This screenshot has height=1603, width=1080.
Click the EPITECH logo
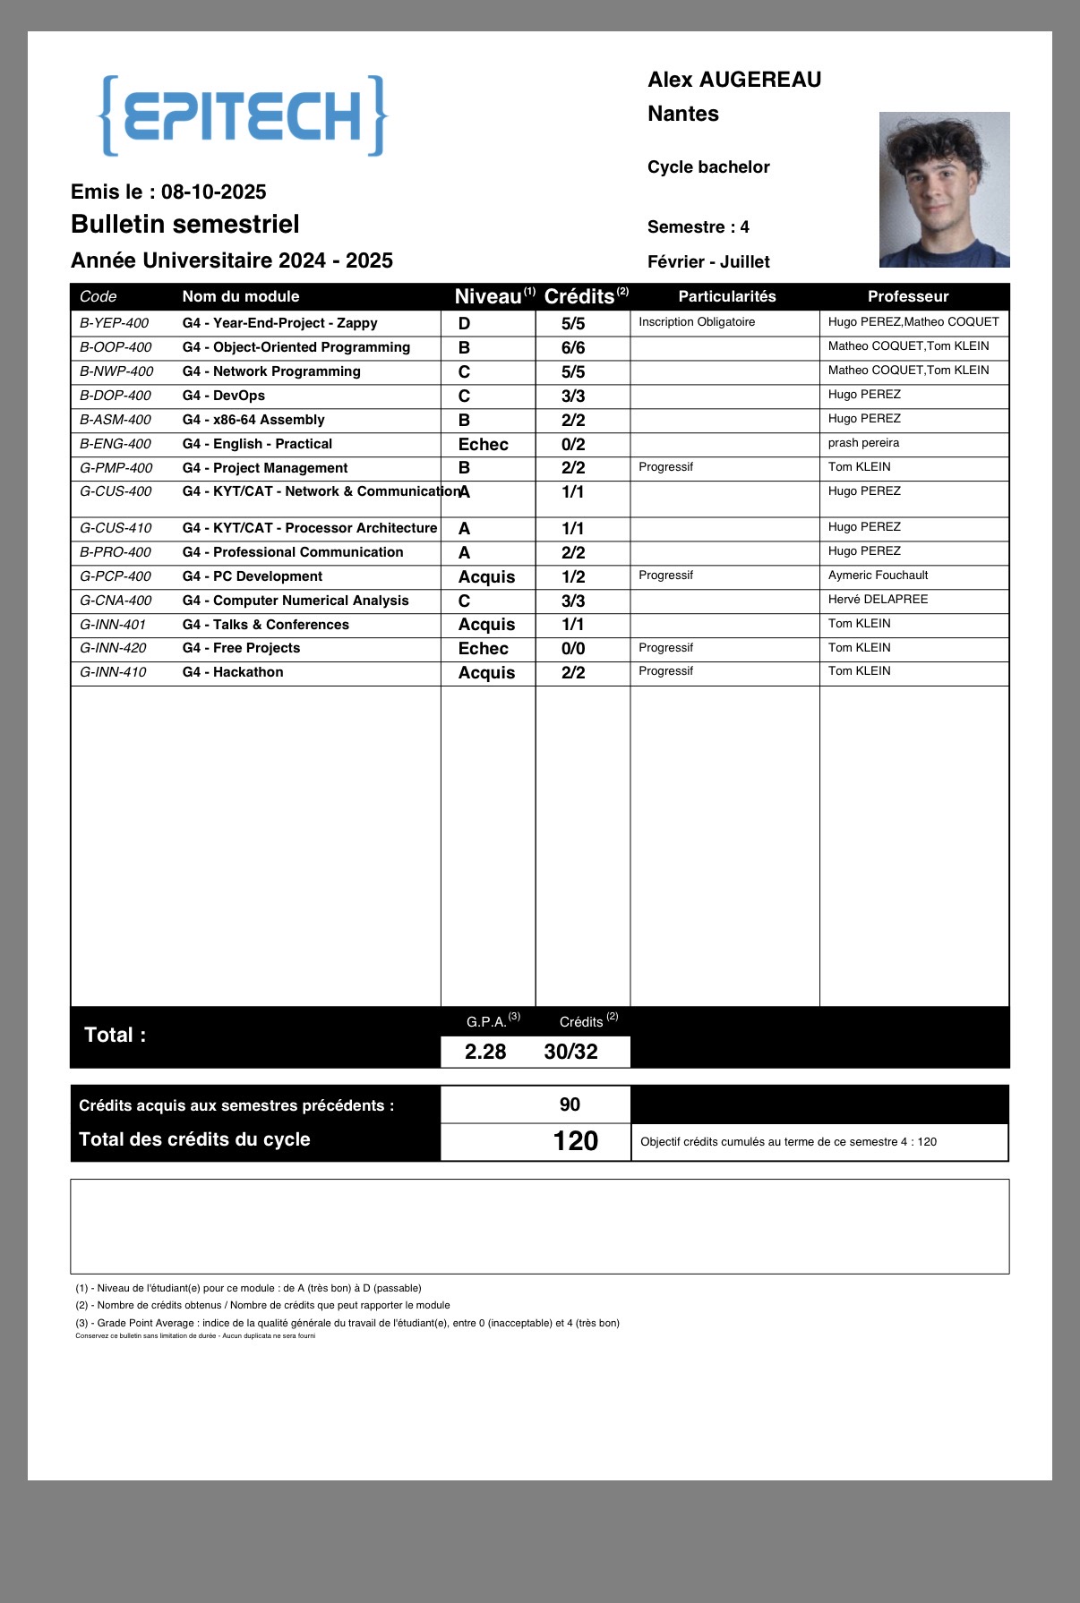243,116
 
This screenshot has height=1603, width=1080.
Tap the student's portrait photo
944,190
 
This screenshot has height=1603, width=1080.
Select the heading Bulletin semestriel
185,224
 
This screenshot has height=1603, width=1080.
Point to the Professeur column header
908,296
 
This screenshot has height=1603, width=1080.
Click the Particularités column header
726,296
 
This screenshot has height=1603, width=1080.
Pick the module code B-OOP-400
116,347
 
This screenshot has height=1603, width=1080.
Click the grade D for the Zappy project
464,323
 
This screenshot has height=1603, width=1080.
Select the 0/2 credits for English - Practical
573,444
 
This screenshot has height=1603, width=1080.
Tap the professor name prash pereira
863,443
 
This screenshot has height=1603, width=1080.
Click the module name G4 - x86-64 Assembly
253,420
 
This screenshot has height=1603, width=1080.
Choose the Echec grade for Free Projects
483,649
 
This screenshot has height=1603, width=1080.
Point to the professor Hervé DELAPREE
878,600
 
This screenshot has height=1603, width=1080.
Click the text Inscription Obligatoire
697,322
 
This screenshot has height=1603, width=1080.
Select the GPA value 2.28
485,1052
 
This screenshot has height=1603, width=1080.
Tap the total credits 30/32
570,1052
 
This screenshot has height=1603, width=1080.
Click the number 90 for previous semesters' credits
570,1104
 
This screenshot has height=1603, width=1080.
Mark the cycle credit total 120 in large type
575,1141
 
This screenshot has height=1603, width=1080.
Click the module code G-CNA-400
116,601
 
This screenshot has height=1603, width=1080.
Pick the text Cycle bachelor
708,167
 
